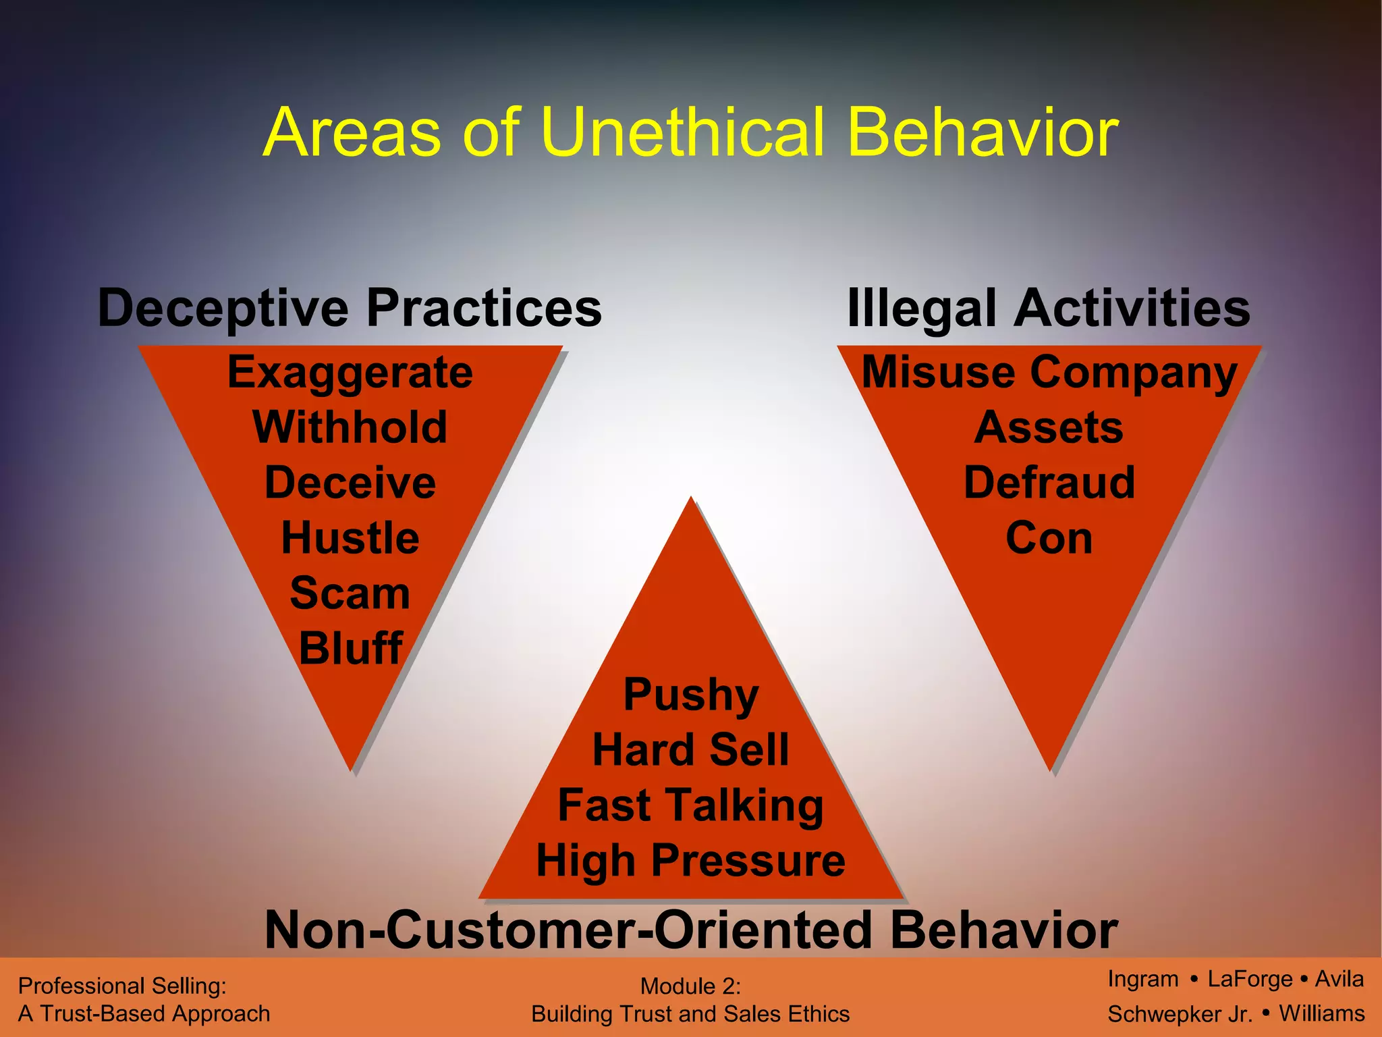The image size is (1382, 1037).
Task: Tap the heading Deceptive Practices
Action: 350,308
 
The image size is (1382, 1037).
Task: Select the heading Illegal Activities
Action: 1048,308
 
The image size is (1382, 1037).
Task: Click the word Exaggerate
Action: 350,372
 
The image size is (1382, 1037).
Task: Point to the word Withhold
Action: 350,427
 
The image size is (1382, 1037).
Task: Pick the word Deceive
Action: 350,483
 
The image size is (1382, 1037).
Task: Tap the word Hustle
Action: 350,538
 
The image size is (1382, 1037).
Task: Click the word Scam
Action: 350,593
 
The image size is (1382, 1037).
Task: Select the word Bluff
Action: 350,649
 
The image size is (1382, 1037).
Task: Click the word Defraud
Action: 1049,483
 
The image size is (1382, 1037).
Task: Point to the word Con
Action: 1049,538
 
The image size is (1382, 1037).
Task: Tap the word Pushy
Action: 691,695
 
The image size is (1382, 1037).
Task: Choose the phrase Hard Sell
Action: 691,750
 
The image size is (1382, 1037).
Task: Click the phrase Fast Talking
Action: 691,805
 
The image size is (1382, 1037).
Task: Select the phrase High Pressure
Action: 691,861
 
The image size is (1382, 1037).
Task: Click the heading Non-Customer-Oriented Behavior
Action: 691,930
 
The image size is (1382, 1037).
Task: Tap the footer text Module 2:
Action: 690,986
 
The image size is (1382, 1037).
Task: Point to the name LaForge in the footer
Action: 1250,979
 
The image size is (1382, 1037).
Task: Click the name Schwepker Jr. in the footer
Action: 1180,1014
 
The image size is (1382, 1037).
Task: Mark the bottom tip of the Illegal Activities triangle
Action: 1051,770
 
